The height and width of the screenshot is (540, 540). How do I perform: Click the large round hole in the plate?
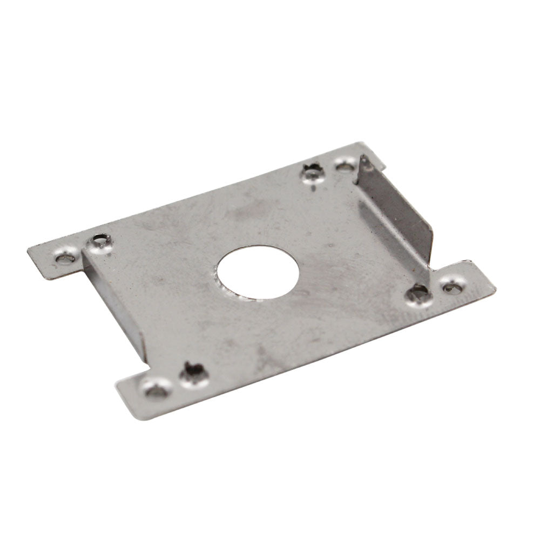[x=258, y=273]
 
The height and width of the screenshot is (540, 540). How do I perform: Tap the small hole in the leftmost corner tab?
[x=65, y=258]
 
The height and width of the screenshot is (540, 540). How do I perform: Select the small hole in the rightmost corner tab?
[x=453, y=287]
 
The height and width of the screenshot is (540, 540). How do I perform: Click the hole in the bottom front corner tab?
[x=156, y=389]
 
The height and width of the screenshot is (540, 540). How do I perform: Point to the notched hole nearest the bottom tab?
[x=193, y=373]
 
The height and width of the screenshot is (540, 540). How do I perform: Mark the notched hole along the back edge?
[x=312, y=173]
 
